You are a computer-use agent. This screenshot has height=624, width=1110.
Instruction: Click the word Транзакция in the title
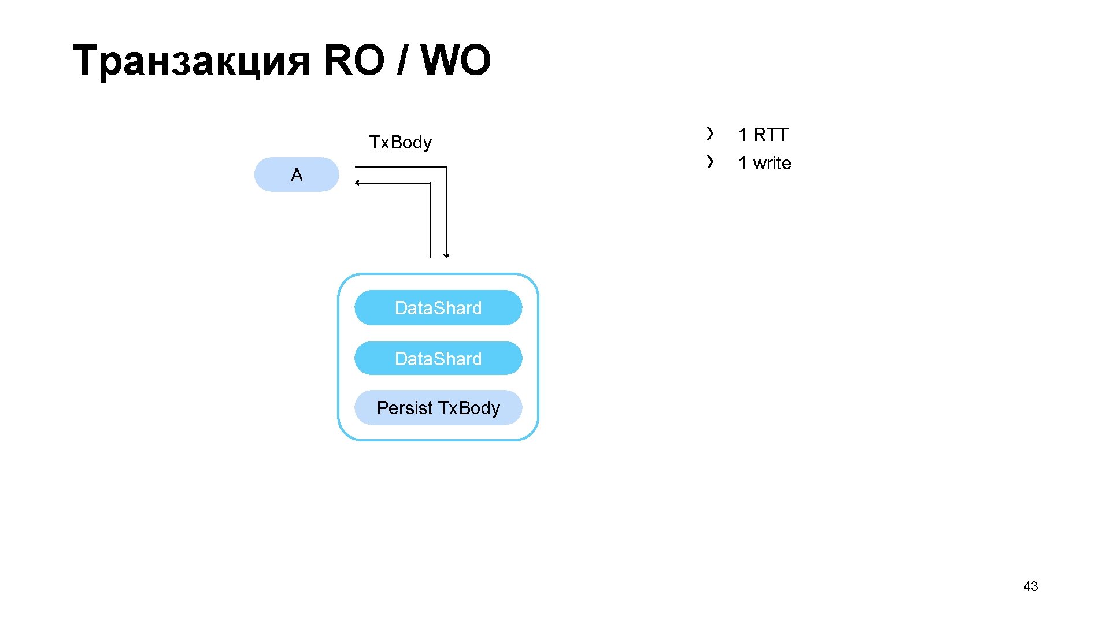[191, 61]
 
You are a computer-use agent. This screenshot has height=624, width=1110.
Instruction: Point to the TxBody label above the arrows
[400, 142]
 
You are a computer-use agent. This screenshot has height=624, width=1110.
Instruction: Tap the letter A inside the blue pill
[297, 175]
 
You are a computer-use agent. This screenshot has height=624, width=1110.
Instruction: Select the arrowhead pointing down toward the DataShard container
[446, 255]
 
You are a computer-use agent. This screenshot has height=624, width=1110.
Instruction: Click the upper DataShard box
[438, 308]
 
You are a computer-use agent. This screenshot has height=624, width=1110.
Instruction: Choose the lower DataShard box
[438, 359]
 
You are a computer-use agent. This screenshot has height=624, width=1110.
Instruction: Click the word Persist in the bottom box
[404, 408]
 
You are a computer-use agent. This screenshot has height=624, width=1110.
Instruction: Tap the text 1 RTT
[763, 135]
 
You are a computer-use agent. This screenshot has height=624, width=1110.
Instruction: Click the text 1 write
[764, 164]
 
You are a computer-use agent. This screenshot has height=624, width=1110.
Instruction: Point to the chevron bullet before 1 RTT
[710, 133]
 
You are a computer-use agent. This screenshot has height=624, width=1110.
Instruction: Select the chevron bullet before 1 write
[710, 162]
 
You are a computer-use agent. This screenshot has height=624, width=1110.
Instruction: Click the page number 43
[1030, 586]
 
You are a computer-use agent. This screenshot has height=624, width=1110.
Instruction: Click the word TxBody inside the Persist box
[469, 408]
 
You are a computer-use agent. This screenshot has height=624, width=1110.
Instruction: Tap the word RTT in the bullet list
[771, 135]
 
